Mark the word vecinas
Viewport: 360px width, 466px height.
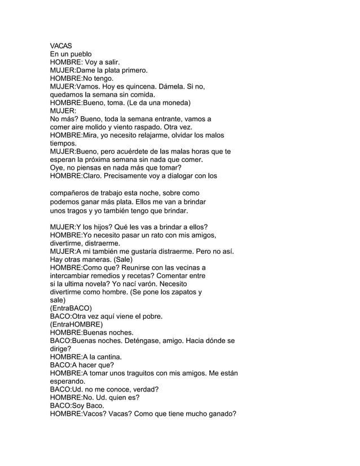[x=187, y=267]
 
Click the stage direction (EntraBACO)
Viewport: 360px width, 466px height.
[x=71, y=309]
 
